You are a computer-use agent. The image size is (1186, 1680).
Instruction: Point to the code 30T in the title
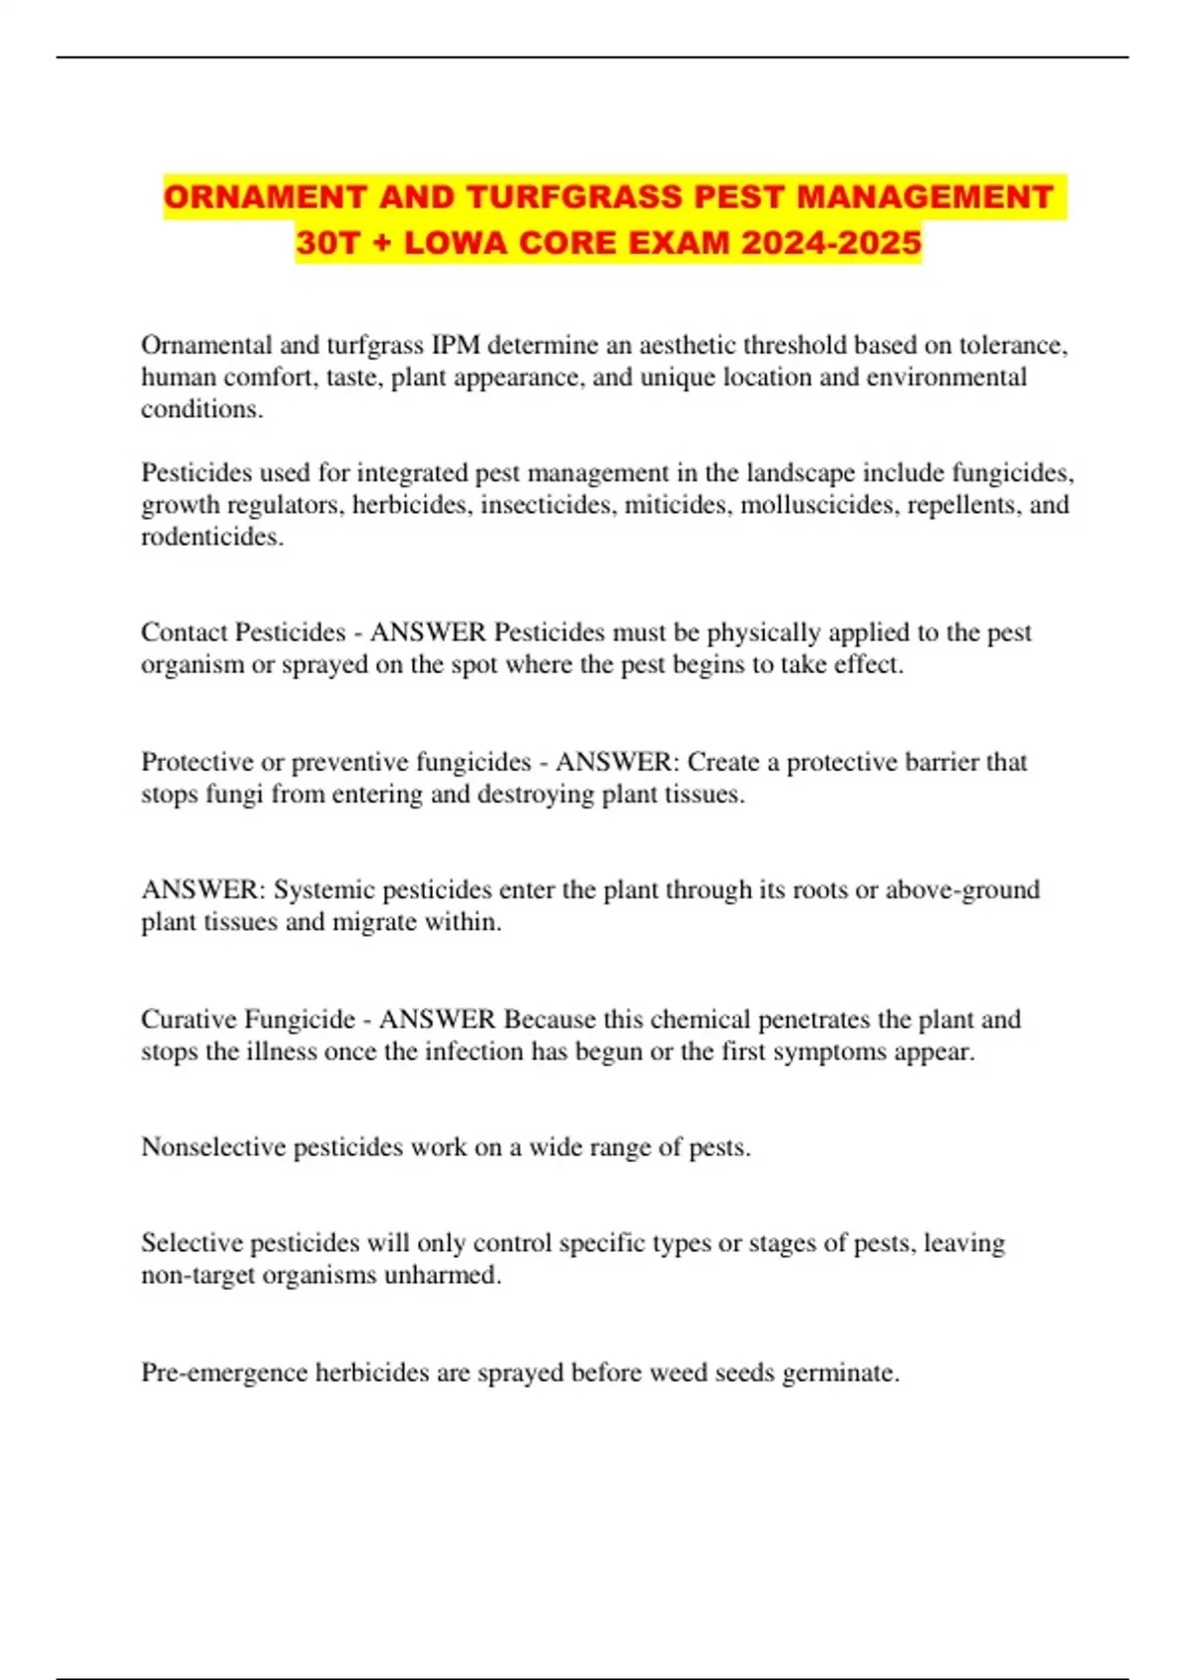pos(327,242)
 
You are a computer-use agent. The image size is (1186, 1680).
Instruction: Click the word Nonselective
pos(212,1147)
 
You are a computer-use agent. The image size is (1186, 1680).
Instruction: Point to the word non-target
pos(198,1275)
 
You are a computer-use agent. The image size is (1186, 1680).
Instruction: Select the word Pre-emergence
pos(224,1373)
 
